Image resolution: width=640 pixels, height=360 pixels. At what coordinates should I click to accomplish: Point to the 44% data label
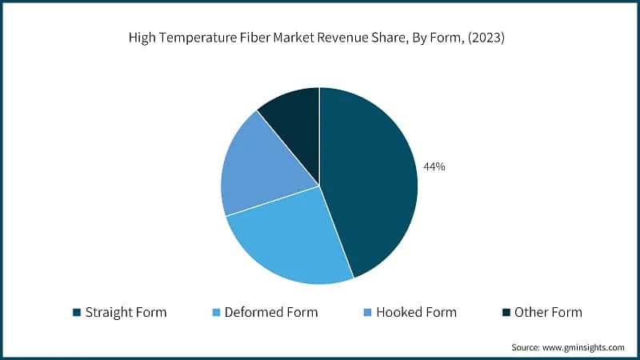tap(435, 167)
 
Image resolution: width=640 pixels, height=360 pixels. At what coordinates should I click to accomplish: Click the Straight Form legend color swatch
tap(77, 312)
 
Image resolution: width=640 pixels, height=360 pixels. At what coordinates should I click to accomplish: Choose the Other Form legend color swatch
tap(505, 312)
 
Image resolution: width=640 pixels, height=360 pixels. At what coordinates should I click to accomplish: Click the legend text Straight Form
tap(126, 312)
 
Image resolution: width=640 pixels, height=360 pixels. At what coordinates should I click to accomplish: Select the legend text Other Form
tap(548, 312)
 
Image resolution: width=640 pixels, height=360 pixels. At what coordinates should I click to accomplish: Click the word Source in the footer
tap(526, 347)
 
